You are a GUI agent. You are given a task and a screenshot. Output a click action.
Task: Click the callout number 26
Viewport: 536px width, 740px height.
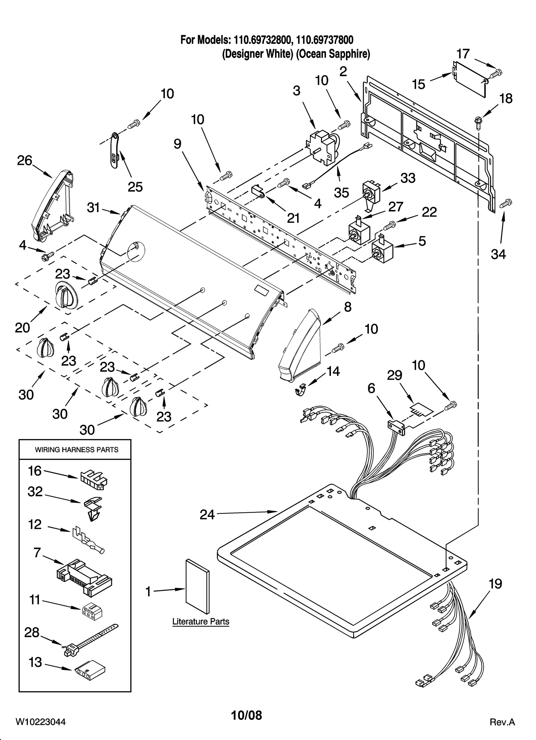[24, 161]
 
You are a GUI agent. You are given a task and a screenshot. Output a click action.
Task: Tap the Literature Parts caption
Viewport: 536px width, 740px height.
[201, 621]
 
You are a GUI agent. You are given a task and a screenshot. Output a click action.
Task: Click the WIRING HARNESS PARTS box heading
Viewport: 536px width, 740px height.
[76, 450]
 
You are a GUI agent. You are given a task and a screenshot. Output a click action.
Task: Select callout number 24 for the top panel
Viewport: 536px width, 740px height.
[207, 515]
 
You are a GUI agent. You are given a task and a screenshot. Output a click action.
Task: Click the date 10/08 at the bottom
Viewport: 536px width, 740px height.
[246, 716]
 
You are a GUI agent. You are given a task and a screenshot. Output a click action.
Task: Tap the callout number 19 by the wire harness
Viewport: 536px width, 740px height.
[495, 584]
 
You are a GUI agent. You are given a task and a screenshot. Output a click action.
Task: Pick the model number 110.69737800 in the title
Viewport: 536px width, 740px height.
[325, 40]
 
